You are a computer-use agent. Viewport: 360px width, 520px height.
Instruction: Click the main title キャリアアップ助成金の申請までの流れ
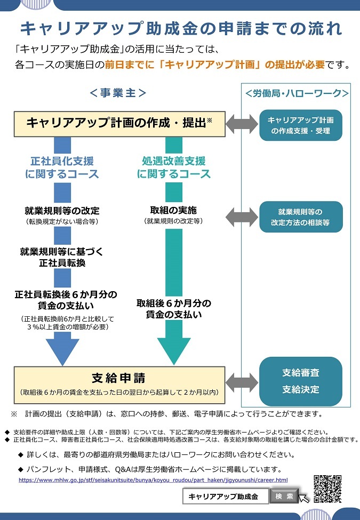[181, 28]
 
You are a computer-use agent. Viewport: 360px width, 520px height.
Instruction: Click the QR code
[327, 489]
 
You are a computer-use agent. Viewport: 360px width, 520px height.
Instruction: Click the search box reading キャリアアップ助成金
[226, 497]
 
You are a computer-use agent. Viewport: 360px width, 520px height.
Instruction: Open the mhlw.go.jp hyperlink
[153, 480]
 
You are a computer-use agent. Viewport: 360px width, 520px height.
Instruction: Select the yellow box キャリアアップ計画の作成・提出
[119, 124]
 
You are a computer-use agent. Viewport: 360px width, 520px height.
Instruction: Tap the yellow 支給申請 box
[119, 385]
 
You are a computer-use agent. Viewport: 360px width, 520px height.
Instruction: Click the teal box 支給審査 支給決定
[301, 381]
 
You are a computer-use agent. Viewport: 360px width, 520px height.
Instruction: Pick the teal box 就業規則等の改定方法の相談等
[301, 217]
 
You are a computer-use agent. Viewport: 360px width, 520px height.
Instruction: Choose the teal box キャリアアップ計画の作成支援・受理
[301, 125]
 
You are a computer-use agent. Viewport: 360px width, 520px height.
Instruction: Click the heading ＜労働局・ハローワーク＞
[297, 93]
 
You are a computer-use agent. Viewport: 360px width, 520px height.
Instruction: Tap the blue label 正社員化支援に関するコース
[62, 168]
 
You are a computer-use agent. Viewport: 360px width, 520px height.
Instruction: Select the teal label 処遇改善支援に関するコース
[174, 168]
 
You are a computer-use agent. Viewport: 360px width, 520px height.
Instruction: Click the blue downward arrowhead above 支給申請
[62, 349]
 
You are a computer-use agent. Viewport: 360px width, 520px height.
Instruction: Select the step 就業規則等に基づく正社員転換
[62, 258]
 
